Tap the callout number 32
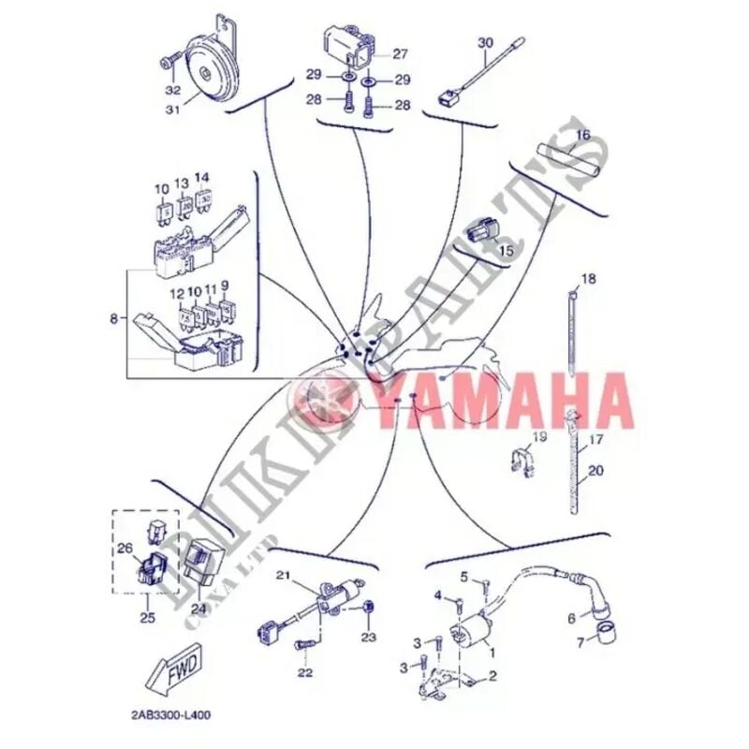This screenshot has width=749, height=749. tap(172, 91)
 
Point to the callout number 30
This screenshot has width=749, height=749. tap(485, 44)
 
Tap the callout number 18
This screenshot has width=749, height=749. tap(588, 279)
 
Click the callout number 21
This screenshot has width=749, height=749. tap(284, 575)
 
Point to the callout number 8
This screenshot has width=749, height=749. tap(114, 319)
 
